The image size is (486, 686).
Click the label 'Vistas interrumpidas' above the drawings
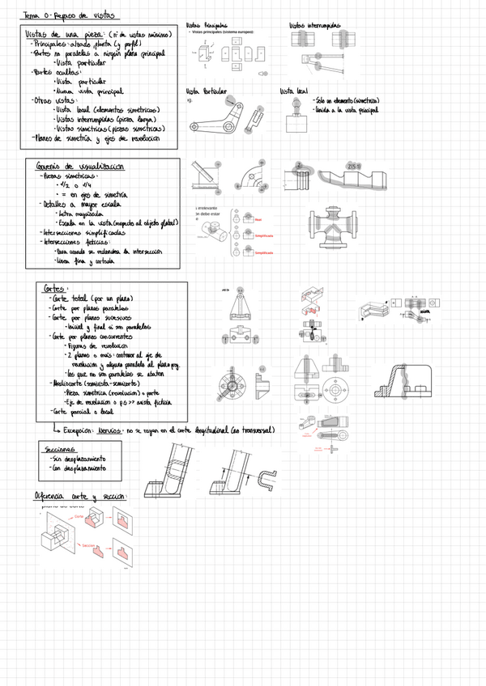[x=315, y=26]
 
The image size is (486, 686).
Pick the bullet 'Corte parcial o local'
[x=81, y=411]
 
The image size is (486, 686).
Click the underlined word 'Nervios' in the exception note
[x=111, y=430]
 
